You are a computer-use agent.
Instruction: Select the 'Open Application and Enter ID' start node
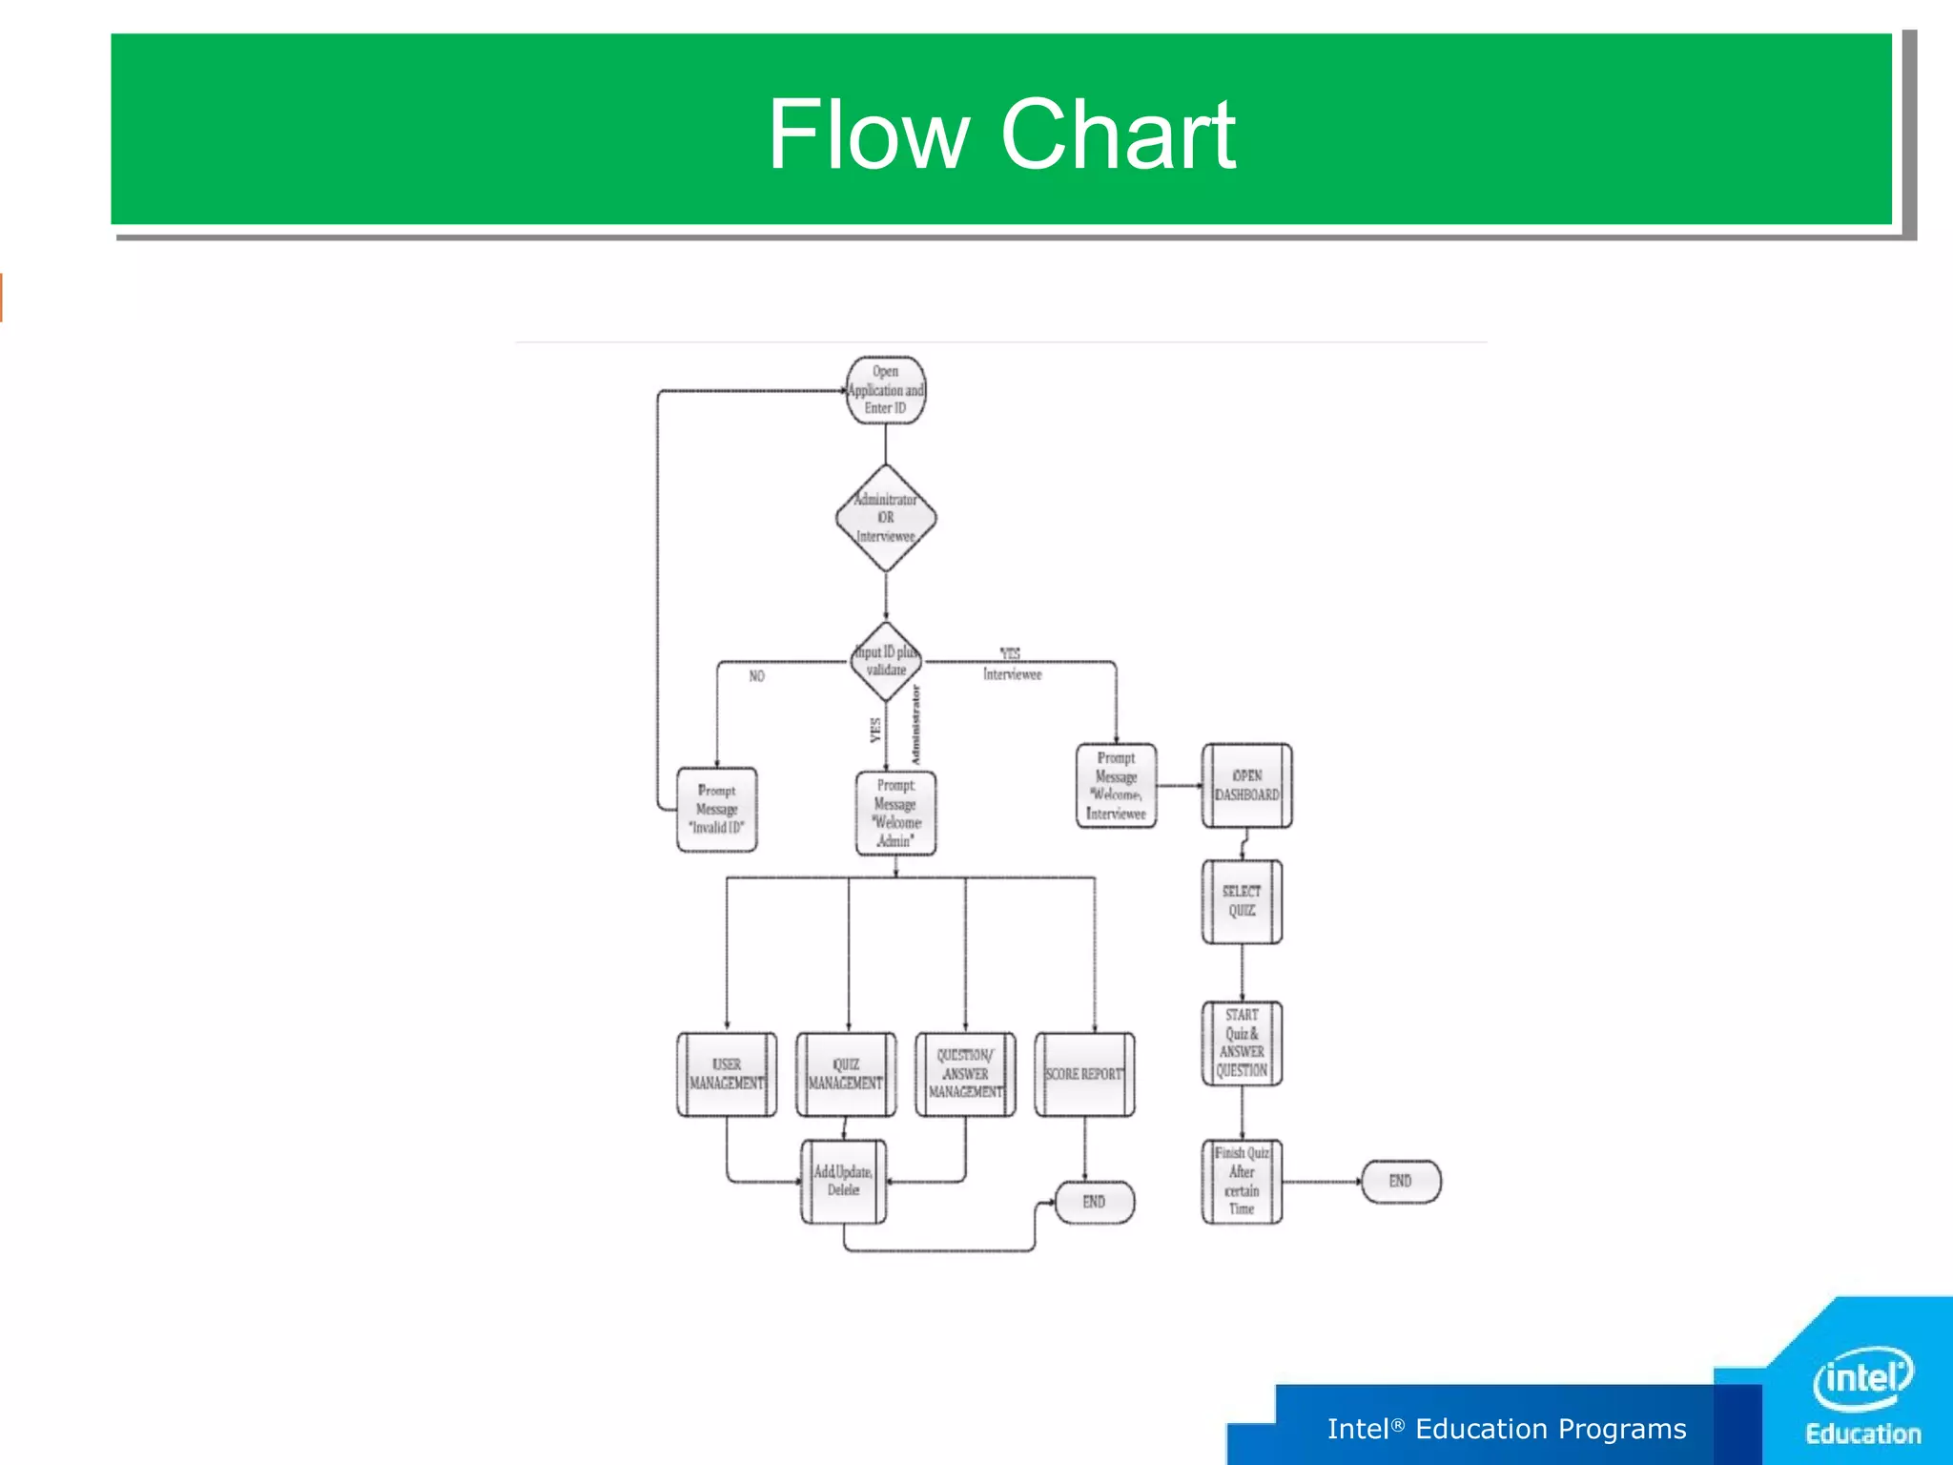(x=886, y=390)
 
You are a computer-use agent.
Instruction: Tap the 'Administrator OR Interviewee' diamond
(x=886, y=518)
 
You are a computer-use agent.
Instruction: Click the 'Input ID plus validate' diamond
(x=886, y=661)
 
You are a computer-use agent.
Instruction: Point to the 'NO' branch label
(x=756, y=676)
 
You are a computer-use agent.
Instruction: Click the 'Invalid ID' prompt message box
(x=717, y=809)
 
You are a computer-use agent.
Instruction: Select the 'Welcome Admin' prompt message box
(x=895, y=814)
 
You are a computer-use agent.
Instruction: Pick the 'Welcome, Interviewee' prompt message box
(x=1116, y=786)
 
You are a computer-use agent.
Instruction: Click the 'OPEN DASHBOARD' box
(x=1246, y=786)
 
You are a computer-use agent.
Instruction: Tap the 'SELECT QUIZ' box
(x=1242, y=901)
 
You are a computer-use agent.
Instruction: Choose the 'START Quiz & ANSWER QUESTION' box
(x=1242, y=1042)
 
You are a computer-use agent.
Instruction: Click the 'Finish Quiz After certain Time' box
(x=1242, y=1181)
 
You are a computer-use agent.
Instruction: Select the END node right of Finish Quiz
(x=1400, y=1181)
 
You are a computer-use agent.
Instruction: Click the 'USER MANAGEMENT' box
(x=727, y=1074)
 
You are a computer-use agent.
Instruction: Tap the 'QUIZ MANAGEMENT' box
(x=846, y=1074)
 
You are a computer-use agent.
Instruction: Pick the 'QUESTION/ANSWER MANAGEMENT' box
(x=965, y=1074)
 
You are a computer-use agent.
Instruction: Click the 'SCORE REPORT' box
(x=1084, y=1074)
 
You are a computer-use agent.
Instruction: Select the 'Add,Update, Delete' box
(x=843, y=1181)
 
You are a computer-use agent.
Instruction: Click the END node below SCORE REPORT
(x=1094, y=1202)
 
